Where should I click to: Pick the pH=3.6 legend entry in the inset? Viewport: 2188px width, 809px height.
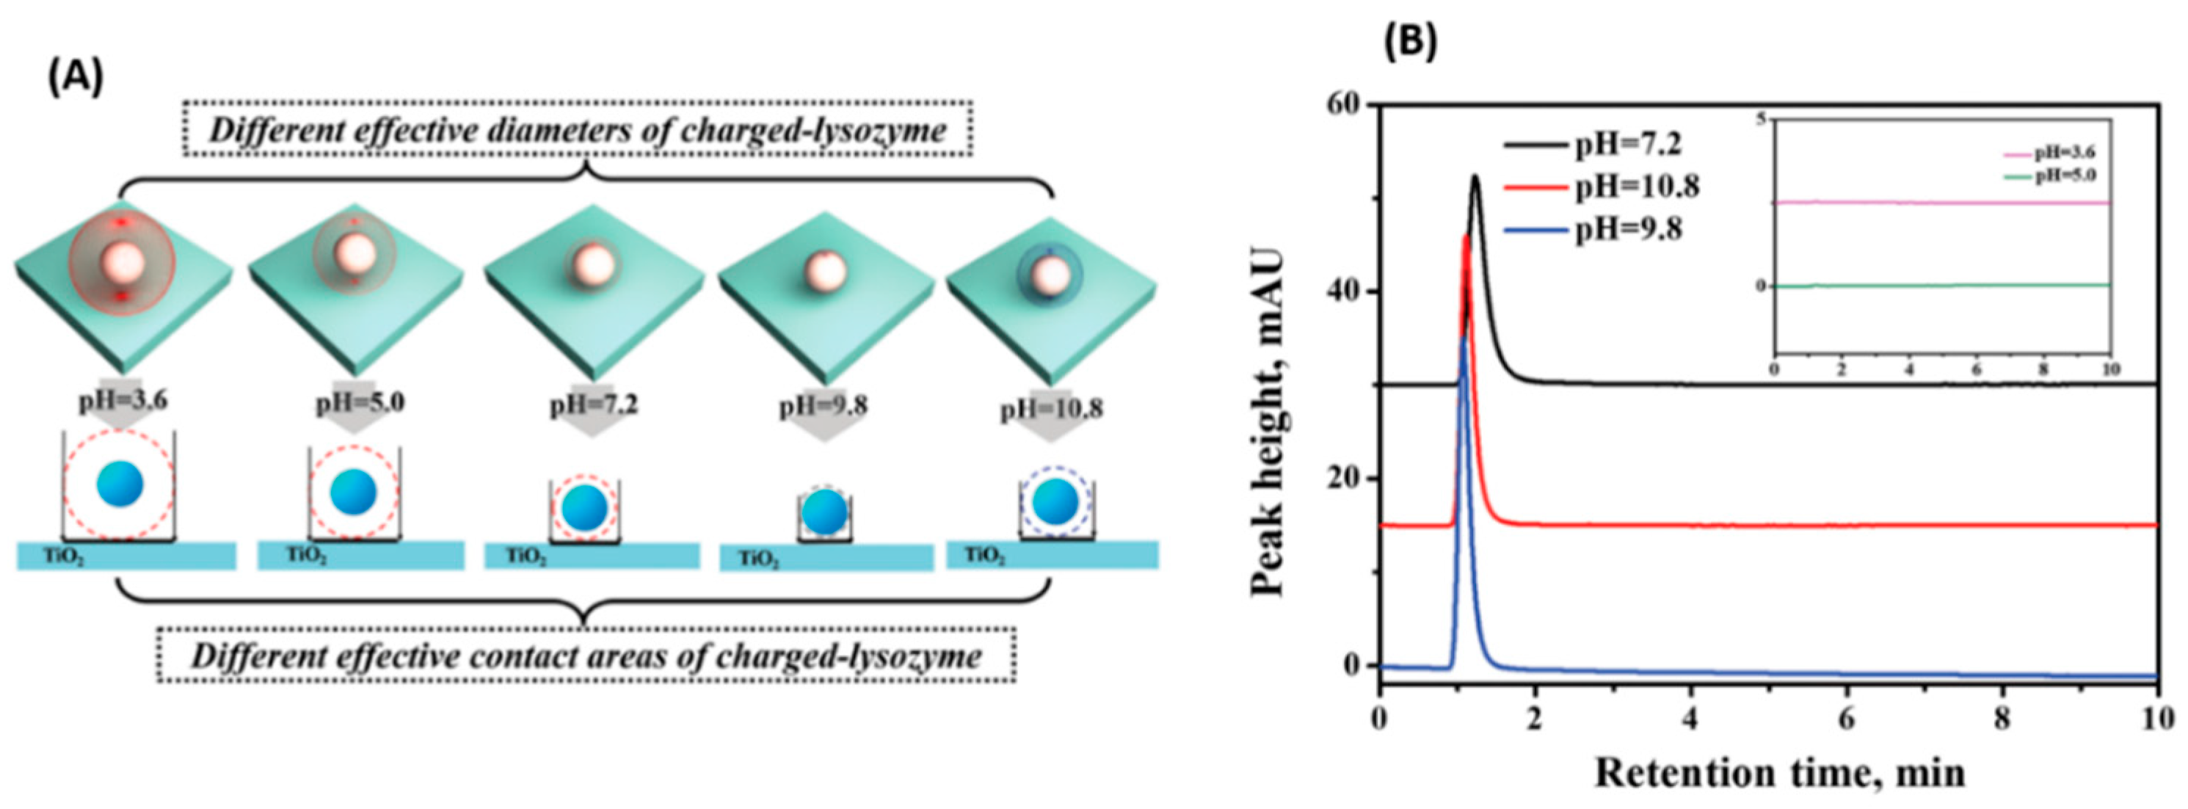(x=2046, y=153)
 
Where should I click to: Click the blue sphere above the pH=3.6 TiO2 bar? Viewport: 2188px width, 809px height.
(x=120, y=485)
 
